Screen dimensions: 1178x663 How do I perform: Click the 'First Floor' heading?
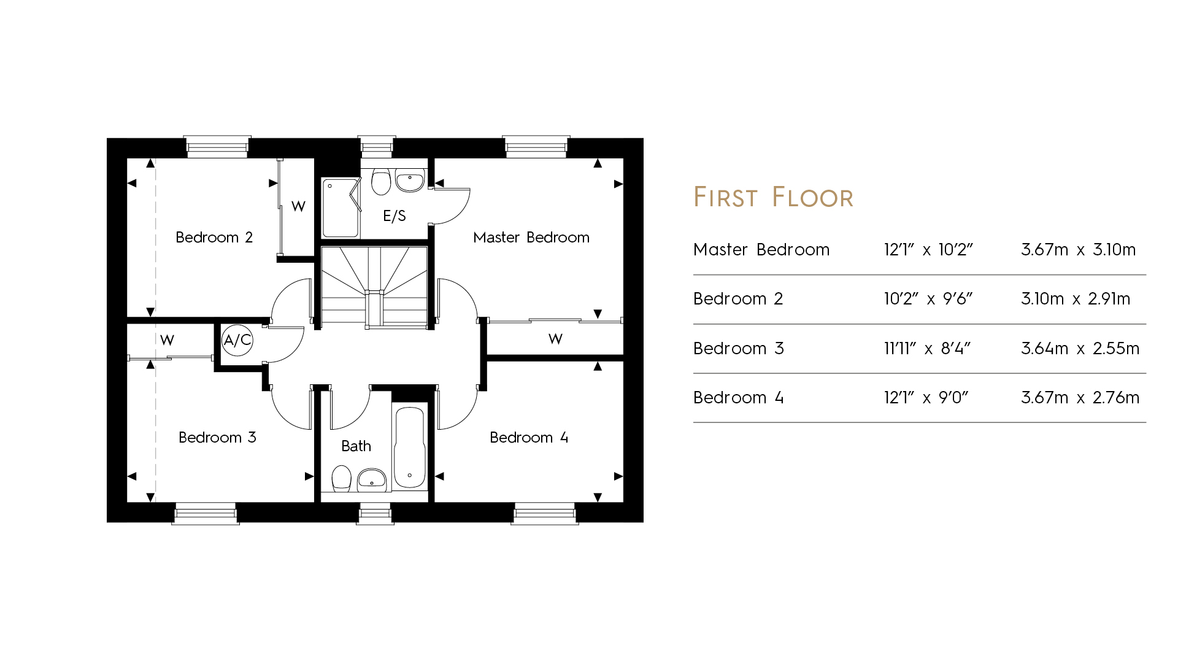[x=773, y=198]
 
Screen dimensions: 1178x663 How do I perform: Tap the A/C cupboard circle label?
[x=237, y=340]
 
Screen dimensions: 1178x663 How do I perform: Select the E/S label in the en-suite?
[x=395, y=216]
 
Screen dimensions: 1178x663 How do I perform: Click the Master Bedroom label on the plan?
[x=531, y=238]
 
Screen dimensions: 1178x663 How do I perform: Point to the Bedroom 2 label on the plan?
[x=214, y=238]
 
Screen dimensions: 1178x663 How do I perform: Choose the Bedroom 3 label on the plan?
[x=217, y=438]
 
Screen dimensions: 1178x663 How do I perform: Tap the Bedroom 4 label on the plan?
[x=529, y=438]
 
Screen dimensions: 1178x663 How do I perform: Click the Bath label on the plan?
[x=356, y=446]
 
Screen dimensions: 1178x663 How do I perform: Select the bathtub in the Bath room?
[x=410, y=446]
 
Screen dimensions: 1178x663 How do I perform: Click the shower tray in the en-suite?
[x=341, y=208]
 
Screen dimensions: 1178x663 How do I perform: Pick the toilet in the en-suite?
[x=381, y=181]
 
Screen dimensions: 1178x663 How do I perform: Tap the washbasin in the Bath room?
[x=372, y=480]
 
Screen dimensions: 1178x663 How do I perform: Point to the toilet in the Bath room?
[x=341, y=479]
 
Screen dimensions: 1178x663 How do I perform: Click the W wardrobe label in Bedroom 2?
[x=298, y=207]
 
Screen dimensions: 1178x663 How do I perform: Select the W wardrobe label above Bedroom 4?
[x=555, y=339]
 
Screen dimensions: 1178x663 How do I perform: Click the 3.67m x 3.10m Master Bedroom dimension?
[x=1078, y=250]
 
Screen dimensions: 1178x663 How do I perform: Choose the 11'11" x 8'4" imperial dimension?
[x=927, y=349]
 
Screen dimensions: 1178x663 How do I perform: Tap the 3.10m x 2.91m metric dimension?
[x=1076, y=299]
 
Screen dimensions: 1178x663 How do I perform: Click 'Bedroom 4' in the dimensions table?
[x=738, y=398]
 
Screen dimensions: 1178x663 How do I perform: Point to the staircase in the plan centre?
[x=374, y=286]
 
